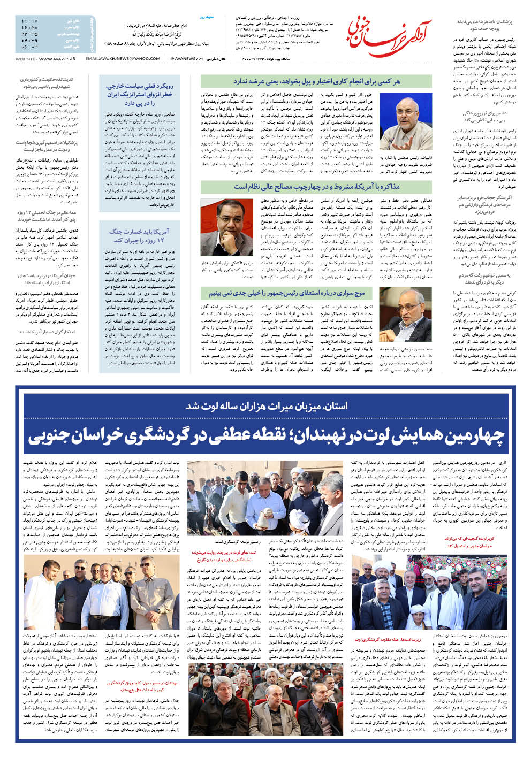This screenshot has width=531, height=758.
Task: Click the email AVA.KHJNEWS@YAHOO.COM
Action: point(119,58)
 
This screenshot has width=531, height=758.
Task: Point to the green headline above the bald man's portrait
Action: point(316,81)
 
